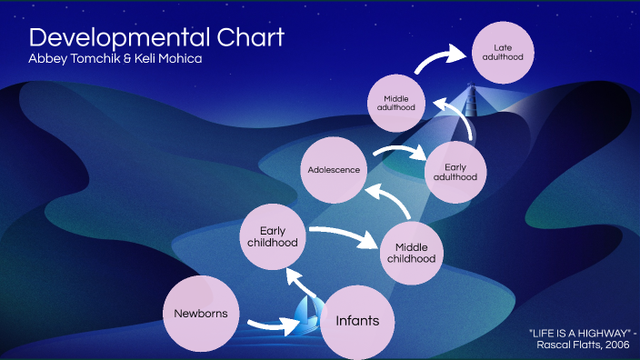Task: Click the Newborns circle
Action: point(201,315)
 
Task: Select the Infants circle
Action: point(357,321)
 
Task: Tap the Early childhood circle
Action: point(273,237)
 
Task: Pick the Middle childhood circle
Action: point(411,251)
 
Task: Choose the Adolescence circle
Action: point(334,170)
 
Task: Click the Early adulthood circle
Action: point(456,172)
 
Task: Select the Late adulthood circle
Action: point(503,52)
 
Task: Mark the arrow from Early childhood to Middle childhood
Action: point(343,235)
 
